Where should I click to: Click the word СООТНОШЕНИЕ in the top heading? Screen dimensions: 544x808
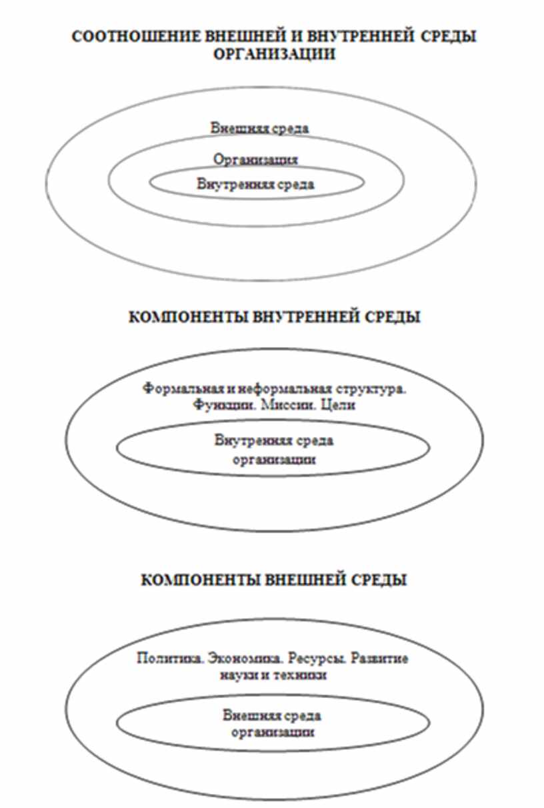[x=137, y=37]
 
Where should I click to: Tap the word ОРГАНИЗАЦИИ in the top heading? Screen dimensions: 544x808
[x=275, y=55]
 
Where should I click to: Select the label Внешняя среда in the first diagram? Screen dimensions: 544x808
[x=259, y=129]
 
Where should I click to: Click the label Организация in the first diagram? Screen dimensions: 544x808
[x=255, y=159]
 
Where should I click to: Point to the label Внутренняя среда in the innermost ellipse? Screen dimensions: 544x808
[x=255, y=185]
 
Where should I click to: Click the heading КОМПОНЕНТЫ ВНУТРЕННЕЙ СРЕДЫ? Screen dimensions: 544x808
[x=275, y=317]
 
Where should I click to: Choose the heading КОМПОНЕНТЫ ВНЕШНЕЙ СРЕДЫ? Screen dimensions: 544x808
[x=274, y=580]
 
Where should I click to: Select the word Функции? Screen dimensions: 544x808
[x=224, y=405]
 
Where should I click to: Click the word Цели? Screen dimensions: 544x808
[x=338, y=405]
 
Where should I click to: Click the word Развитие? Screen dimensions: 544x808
[x=379, y=659]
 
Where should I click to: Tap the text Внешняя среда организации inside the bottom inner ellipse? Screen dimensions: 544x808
[x=272, y=724]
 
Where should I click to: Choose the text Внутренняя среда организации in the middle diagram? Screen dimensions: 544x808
[x=274, y=450]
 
